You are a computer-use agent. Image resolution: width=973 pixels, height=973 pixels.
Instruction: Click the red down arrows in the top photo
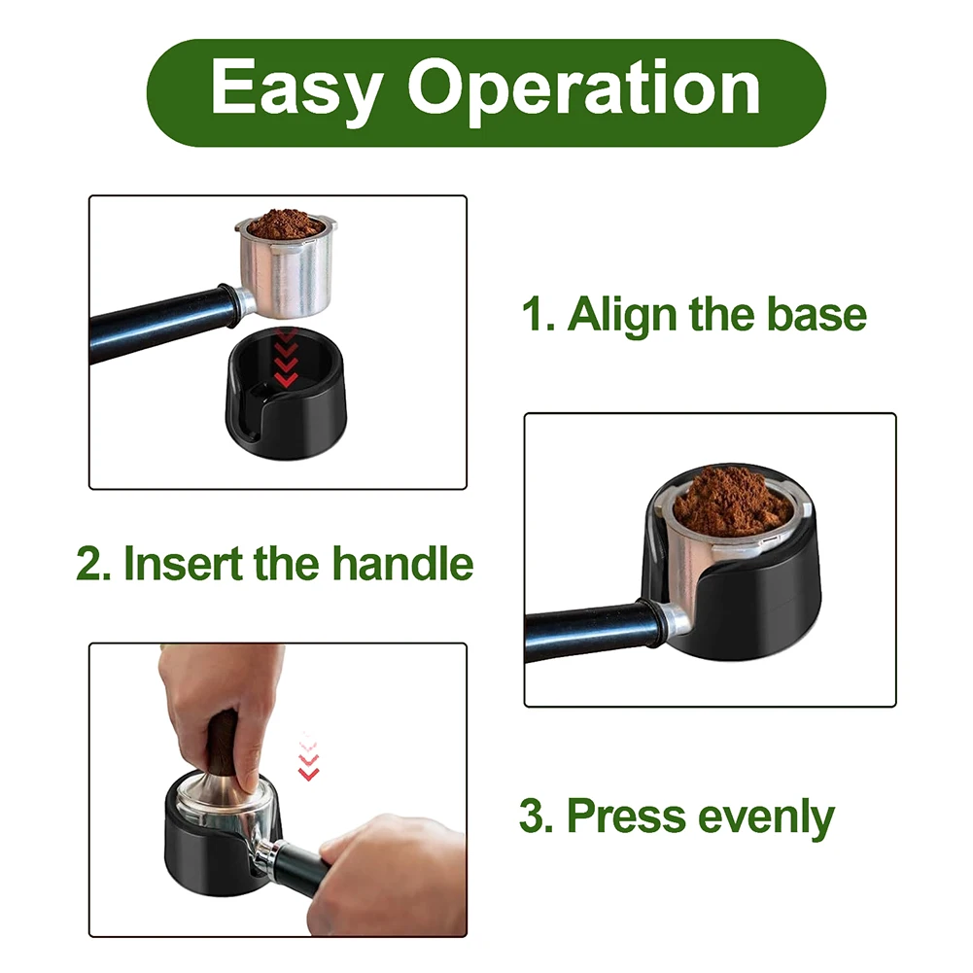point(286,360)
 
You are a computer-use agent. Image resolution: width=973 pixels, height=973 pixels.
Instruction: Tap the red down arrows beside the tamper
point(308,758)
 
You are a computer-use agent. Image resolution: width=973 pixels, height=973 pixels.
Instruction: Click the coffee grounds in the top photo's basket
point(285,225)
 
